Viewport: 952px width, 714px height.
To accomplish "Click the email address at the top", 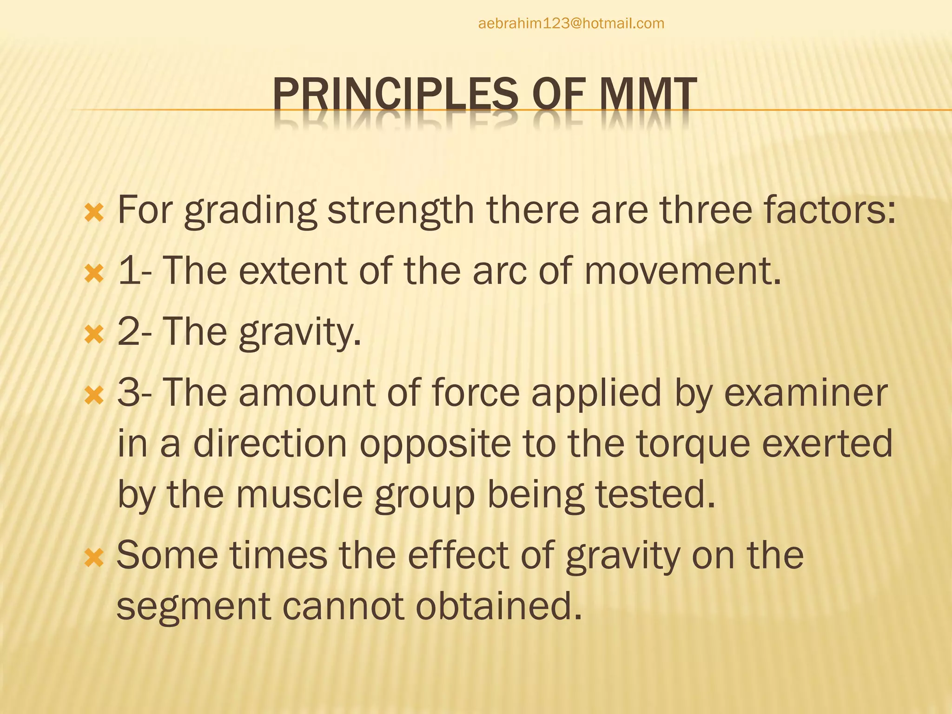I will (571, 23).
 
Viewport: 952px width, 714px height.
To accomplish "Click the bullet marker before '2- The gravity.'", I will (94, 335).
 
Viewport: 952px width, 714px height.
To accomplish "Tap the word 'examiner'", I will (806, 393).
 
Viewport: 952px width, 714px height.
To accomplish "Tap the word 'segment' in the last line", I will (193, 606).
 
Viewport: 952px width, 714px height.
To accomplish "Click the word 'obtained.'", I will (498, 606).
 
